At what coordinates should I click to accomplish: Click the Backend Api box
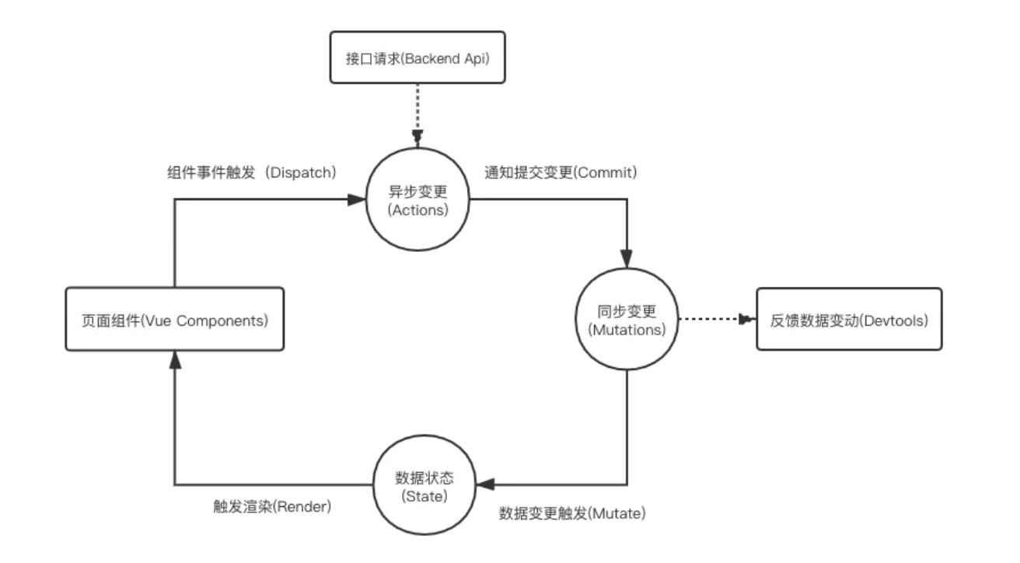pos(417,57)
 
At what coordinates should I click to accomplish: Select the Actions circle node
pos(418,200)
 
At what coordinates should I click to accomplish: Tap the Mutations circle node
pos(627,320)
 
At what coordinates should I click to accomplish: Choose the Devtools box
pos(849,319)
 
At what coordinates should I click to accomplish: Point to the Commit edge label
pos(561,173)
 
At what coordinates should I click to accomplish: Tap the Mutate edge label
pos(573,513)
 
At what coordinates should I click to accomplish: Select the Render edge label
pos(272,506)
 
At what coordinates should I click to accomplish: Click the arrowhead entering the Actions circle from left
pos(357,200)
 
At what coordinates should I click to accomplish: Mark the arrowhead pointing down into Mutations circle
pos(627,259)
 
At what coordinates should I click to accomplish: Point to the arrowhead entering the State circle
pos(484,484)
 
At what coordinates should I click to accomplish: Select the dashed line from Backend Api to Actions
pos(418,109)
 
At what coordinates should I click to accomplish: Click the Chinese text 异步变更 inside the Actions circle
pos(418,192)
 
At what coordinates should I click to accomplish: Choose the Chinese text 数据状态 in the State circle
pos(424,477)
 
